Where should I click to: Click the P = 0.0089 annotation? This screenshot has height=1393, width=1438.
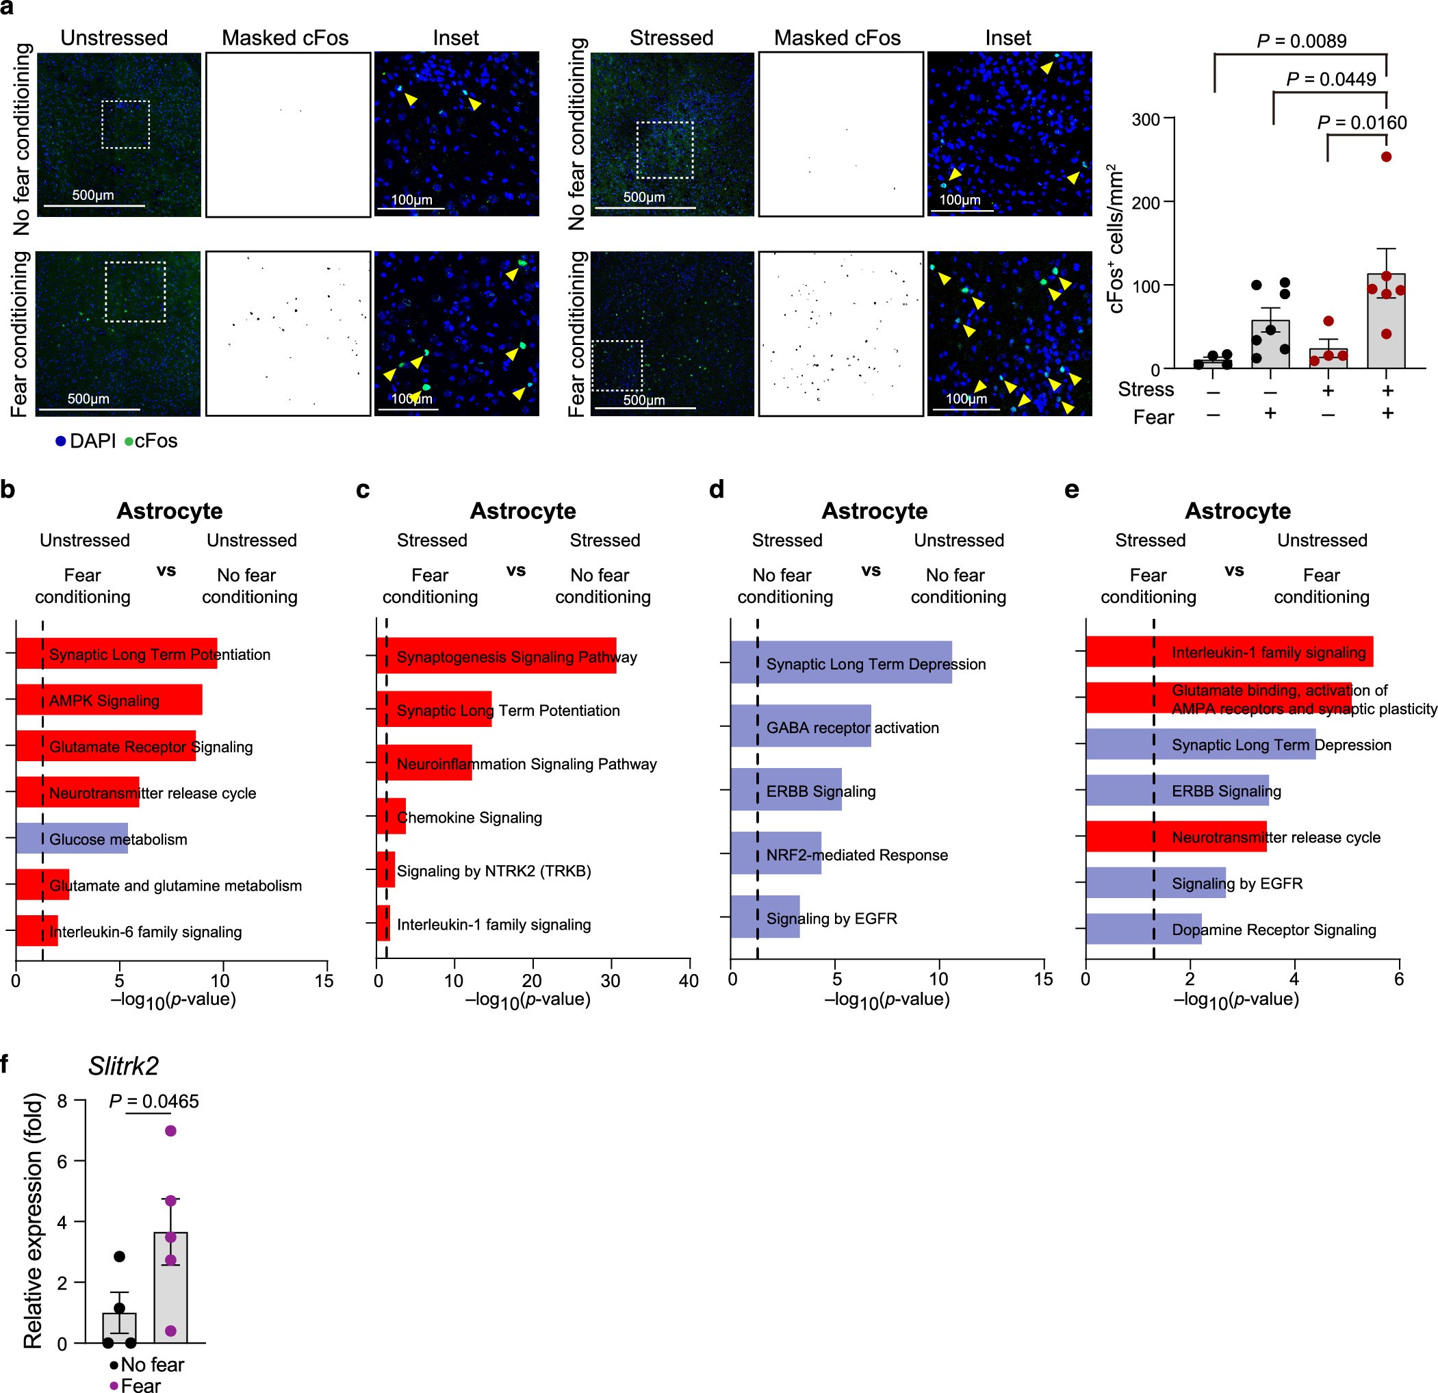click(1302, 40)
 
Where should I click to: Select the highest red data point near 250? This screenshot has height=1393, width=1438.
click(1386, 156)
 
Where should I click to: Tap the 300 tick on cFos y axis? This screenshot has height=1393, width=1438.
click(1145, 119)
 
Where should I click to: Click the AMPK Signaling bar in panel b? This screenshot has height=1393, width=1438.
click(109, 700)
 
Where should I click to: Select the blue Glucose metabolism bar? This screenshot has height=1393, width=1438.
click(72, 838)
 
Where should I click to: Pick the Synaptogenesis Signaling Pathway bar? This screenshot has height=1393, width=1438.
click(496, 656)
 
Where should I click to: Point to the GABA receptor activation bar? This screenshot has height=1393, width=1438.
click(800, 726)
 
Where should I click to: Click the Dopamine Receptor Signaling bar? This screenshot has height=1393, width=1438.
click(1143, 928)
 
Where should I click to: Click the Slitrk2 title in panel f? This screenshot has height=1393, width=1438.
click(123, 1066)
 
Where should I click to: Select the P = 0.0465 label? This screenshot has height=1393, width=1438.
click(153, 1101)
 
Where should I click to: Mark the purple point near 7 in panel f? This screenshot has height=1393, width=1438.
click(170, 1130)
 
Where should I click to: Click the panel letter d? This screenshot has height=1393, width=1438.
click(716, 489)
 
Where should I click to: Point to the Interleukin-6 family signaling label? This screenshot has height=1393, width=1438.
click(145, 932)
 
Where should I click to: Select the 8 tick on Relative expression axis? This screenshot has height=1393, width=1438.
click(62, 1101)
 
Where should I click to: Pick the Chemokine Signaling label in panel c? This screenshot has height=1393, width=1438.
click(469, 817)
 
